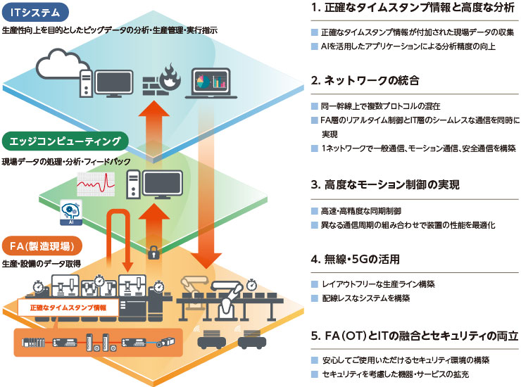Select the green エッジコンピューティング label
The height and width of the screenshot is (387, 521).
(66, 141)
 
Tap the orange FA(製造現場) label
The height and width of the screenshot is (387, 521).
(42, 246)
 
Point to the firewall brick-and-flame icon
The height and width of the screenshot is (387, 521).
(161, 81)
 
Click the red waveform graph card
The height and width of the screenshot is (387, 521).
(99, 185)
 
